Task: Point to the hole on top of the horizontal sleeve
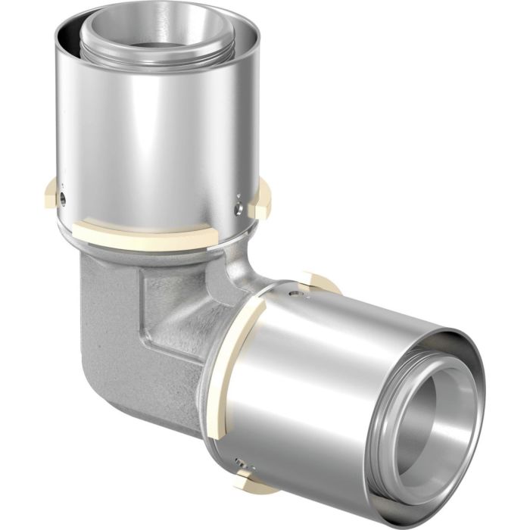(x=298, y=288)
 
